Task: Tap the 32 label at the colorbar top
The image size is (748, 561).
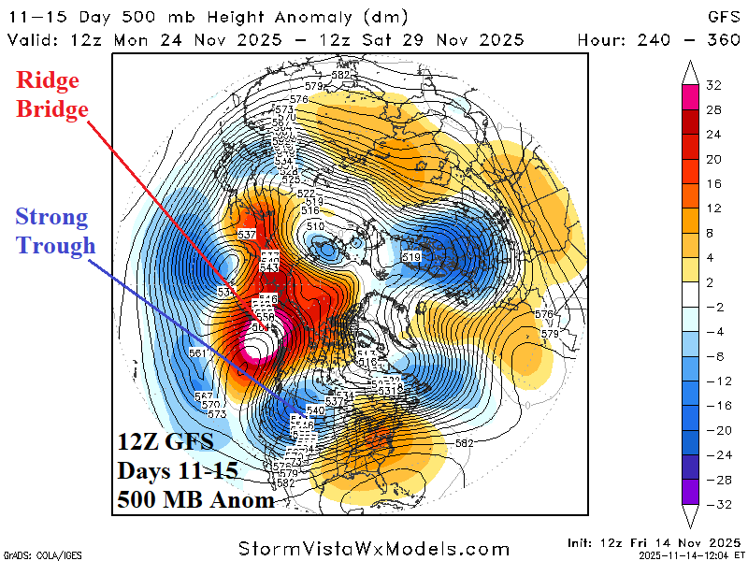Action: pyautogui.click(x=713, y=86)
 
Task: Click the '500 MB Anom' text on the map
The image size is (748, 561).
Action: pyautogui.click(x=195, y=499)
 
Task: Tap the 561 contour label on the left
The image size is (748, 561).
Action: pyautogui.click(x=197, y=352)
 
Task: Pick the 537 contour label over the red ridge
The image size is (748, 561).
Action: pyautogui.click(x=248, y=234)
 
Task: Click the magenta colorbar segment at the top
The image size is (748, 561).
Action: pyautogui.click(x=691, y=93)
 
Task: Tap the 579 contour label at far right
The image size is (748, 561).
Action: pyautogui.click(x=550, y=334)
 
